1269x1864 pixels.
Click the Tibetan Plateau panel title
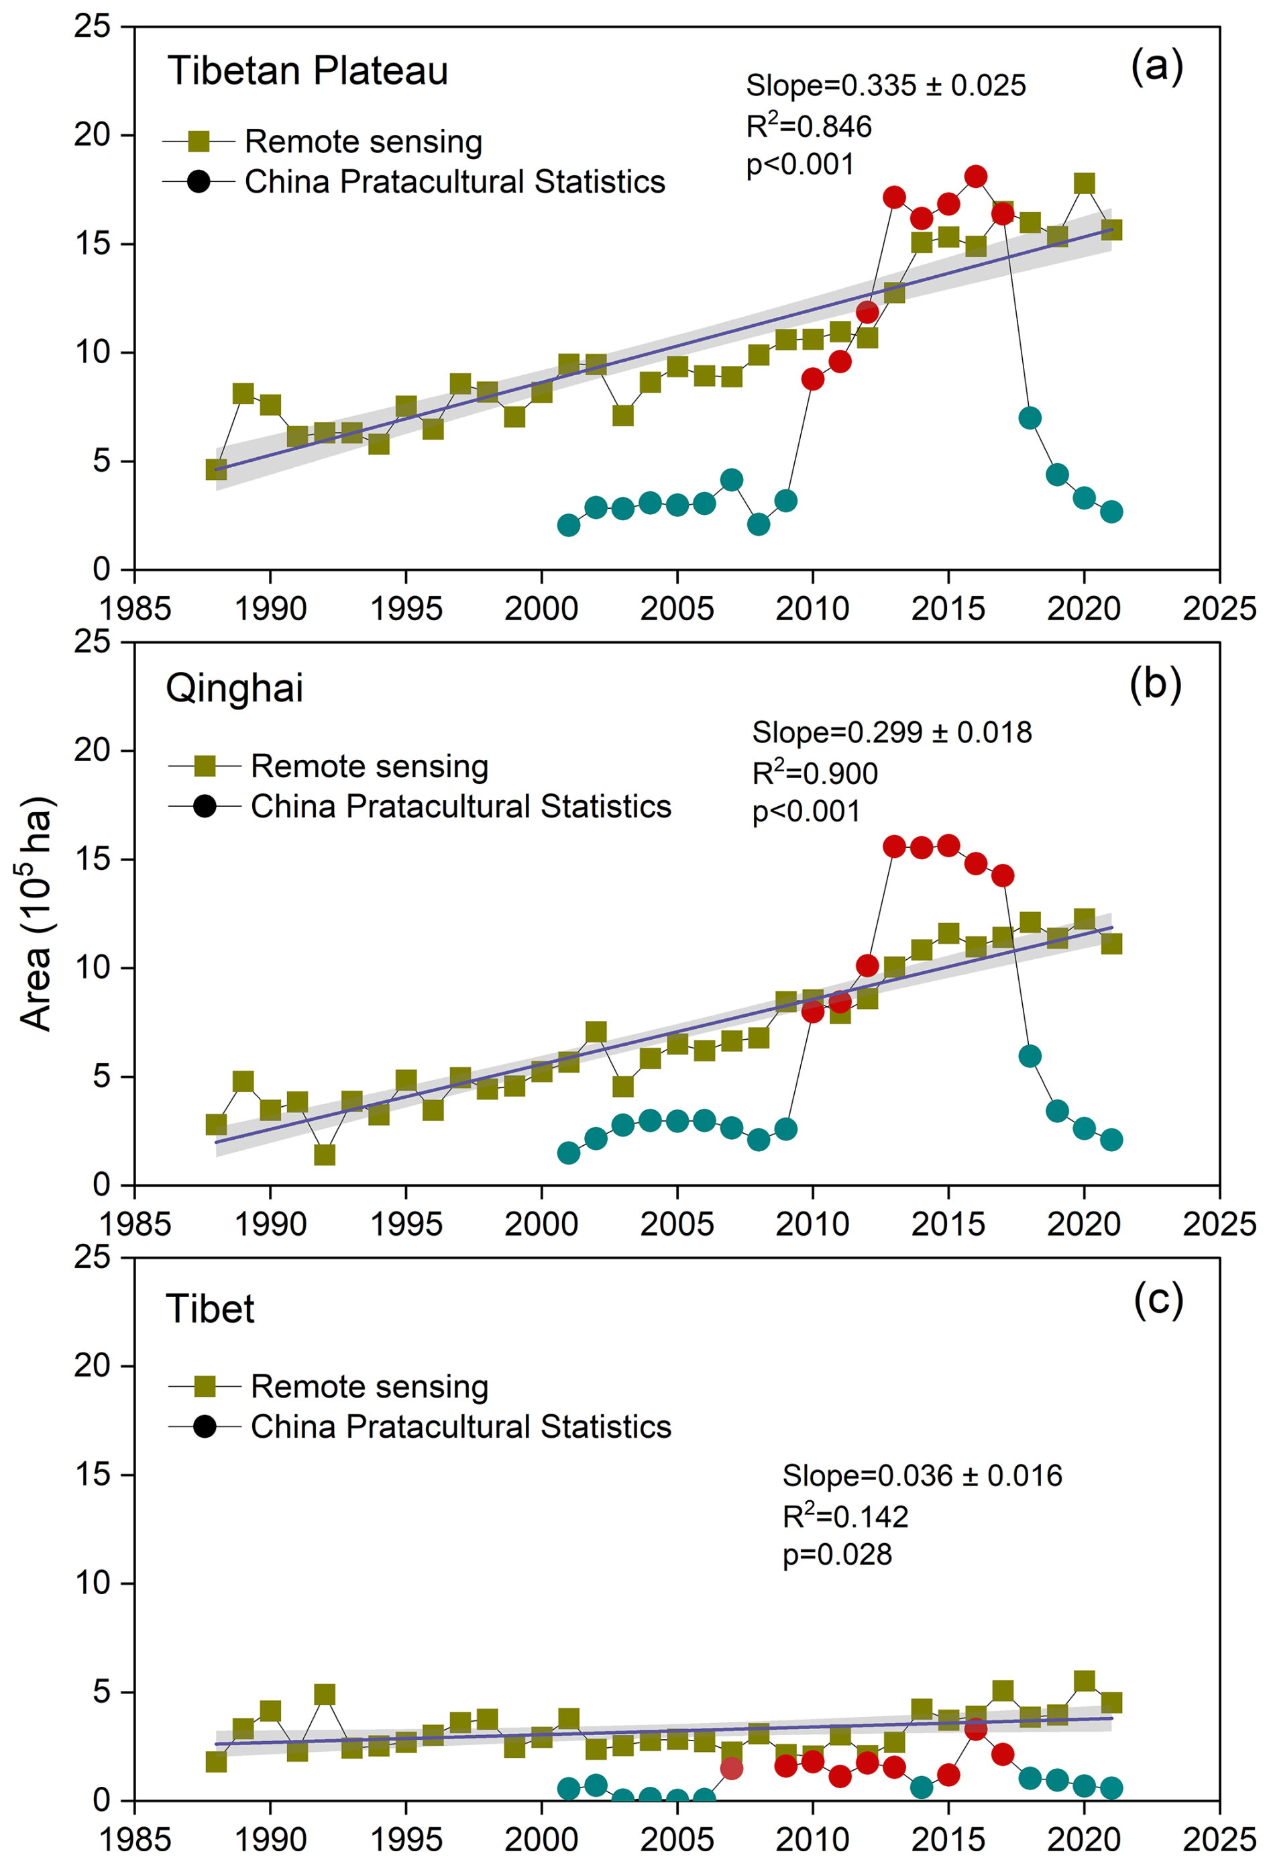tap(307, 71)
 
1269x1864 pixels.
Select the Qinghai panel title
tap(234, 688)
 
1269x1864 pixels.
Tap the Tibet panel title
tap(210, 1309)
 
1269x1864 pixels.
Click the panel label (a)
tap(1156, 66)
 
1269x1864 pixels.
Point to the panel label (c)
tap(1158, 1300)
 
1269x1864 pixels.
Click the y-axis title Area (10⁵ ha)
tap(36, 914)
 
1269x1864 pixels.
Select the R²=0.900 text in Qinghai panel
tap(814, 773)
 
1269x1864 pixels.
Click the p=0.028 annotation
tap(837, 1555)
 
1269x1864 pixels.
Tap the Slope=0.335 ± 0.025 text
tap(885, 86)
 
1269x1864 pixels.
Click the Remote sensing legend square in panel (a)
tap(198, 142)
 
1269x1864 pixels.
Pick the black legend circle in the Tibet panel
tap(205, 1427)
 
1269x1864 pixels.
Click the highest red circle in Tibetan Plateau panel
tap(976, 177)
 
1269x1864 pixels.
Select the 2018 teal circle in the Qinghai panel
tap(1030, 1057)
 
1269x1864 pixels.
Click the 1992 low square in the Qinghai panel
tap(325, 1154)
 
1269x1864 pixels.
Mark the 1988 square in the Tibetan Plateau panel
tap(216, 470)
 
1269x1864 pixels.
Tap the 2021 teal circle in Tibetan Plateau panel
tap(1111, 511)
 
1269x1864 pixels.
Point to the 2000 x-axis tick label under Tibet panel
tap(541, 1840)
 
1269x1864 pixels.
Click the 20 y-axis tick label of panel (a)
tap(91, 135)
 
